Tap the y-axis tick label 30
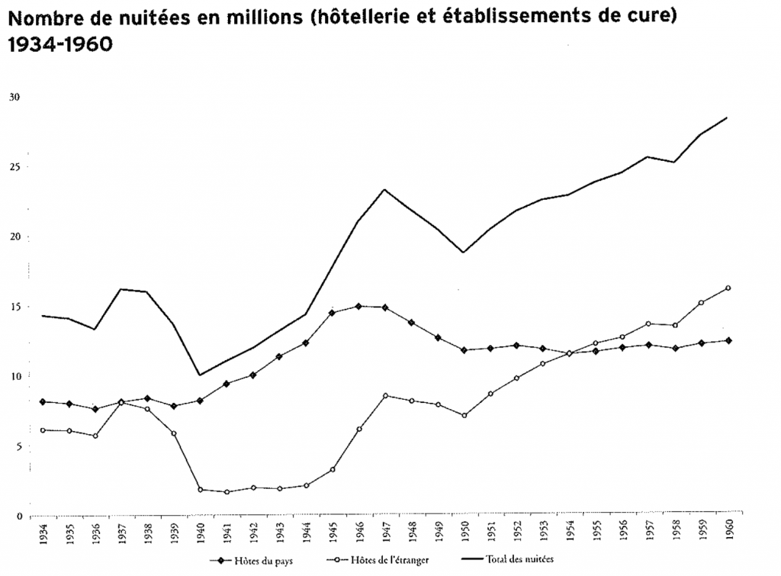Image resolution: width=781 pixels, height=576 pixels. click(14, 97)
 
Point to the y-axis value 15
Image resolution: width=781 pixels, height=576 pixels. click(14, 307)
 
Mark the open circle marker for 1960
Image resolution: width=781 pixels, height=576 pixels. click(728, 288)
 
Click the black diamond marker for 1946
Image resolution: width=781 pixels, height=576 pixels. click(358, 307)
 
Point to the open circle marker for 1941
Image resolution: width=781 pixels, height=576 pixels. click(227, 492)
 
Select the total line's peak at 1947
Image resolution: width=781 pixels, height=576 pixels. click(385, 189)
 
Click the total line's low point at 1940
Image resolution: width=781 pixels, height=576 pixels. click(200, 375)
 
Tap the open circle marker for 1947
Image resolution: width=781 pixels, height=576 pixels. click(385, 395)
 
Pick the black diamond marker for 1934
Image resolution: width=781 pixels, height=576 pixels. click(42, 401)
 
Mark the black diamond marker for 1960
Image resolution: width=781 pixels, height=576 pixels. click(728, 340)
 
